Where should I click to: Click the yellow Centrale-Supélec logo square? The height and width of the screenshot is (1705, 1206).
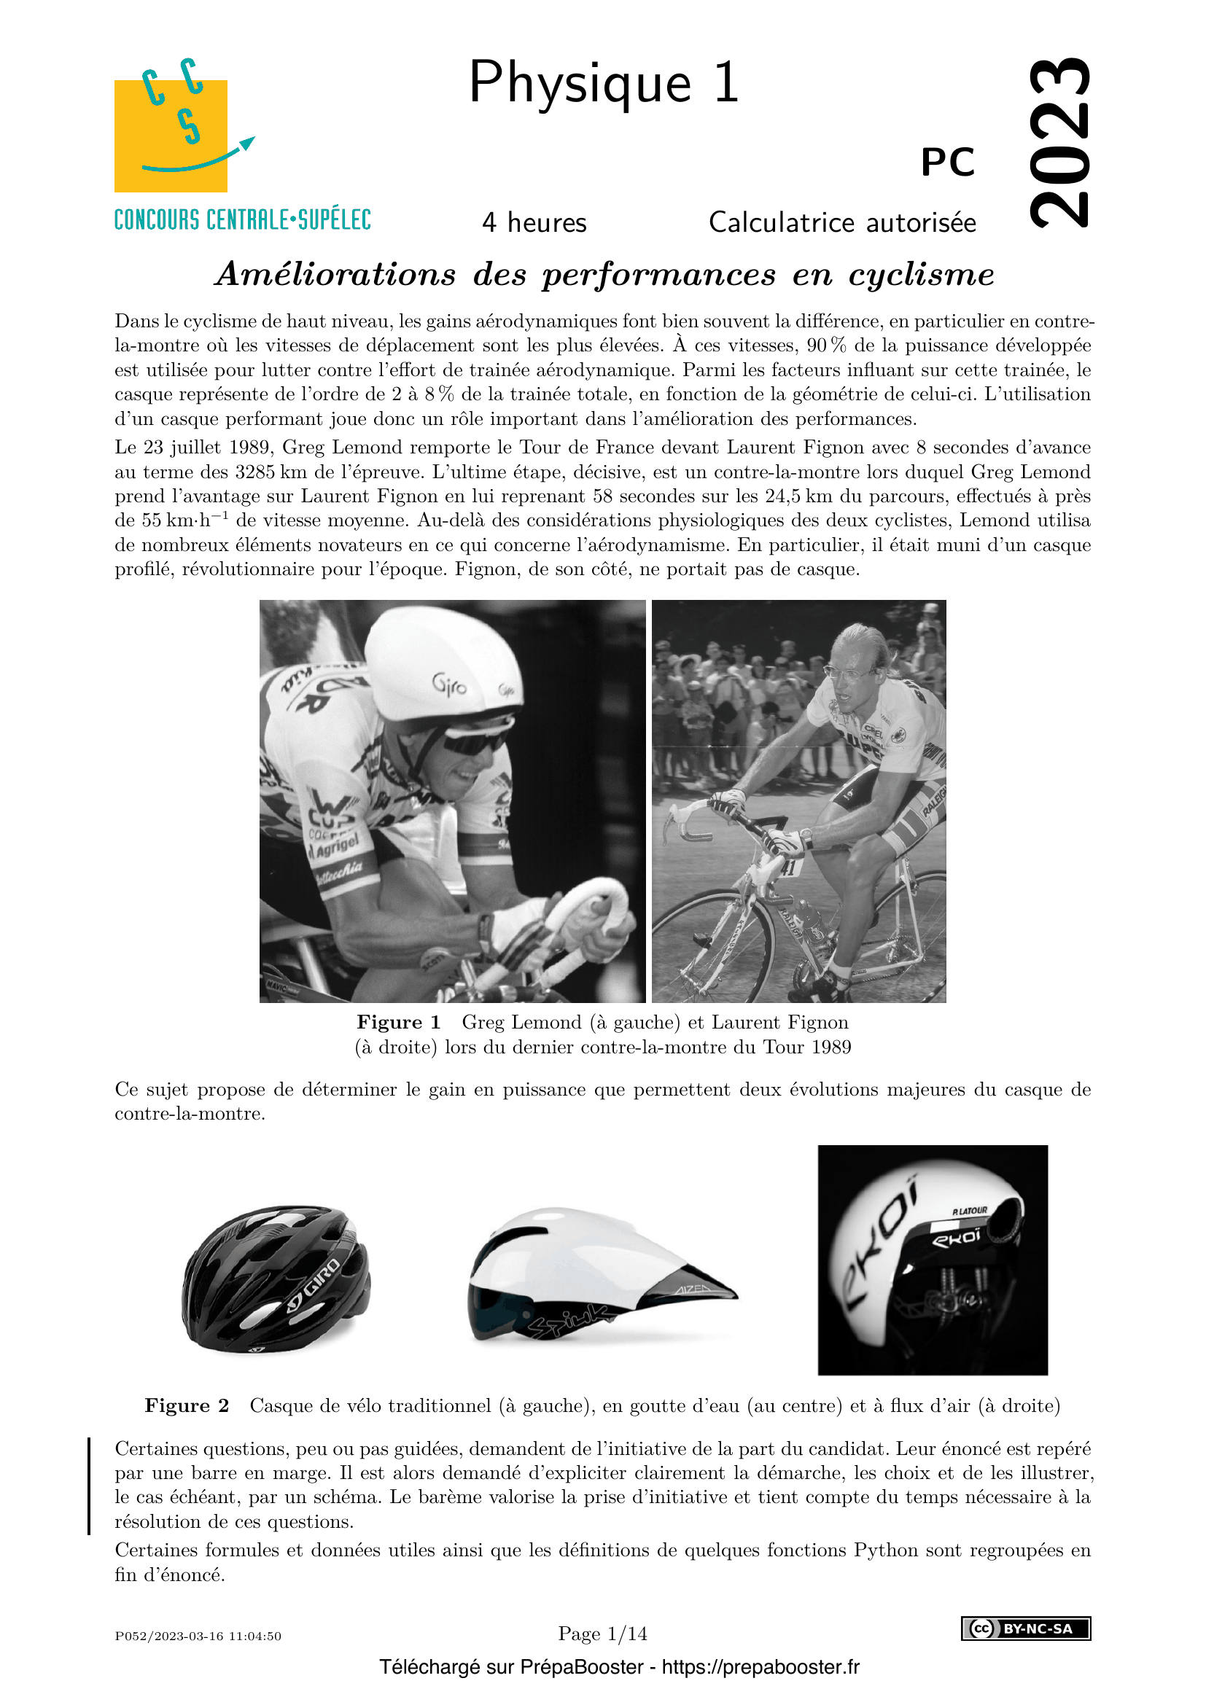pos(170,136)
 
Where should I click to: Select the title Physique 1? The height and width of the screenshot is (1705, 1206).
pos(603,82)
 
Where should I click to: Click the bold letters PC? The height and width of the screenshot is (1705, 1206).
pos(948,162)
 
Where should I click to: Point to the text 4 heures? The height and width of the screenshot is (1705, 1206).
pos(534,223)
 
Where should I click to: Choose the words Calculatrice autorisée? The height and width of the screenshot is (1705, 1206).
pos(842,223)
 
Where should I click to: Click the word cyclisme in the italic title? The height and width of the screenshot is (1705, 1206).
pos(921,275)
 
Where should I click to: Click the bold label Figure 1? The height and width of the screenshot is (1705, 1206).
pos(399,1023)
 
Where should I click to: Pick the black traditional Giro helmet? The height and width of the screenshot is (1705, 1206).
pos(276,1278)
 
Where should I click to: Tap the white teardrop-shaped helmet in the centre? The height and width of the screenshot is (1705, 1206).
pos(594,1273)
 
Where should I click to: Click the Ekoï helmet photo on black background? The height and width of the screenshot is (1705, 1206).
pos(932,1260)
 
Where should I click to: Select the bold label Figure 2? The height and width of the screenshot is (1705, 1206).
pos(187,1405)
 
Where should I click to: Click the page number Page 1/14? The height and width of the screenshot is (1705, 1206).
pos(602,1634)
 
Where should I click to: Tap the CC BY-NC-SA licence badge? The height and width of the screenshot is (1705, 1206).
pos(1026,1628)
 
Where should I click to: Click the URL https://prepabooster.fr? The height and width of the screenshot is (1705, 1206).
pos(760,1667)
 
